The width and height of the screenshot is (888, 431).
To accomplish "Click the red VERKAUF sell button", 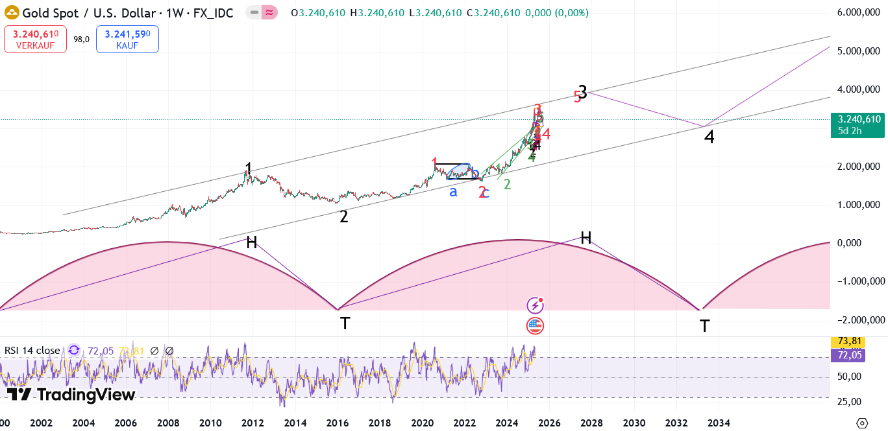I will (35, 39).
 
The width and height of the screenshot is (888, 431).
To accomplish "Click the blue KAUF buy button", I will (127, 39).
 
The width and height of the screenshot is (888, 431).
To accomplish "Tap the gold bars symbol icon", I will (12, 12).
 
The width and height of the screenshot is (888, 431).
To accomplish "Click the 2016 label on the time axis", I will (338, 423).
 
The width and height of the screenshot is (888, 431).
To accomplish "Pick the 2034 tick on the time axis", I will (719, 423).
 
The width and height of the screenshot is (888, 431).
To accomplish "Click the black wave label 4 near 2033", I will (709, 137).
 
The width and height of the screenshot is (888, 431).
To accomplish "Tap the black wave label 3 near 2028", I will (583, 93).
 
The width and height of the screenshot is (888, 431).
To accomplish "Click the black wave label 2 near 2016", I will (344, 217).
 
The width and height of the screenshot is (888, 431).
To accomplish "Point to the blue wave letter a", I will (453, 191).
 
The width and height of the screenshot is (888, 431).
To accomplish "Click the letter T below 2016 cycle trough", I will (345, 323).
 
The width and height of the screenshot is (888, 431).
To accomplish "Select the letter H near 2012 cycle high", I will (252, 242).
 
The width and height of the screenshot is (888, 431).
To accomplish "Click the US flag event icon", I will (535, 325).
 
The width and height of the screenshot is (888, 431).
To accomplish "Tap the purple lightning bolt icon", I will (535, 305).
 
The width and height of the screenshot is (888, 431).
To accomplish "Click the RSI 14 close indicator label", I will (32, 351).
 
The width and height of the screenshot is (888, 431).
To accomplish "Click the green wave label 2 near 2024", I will (507, 184).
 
